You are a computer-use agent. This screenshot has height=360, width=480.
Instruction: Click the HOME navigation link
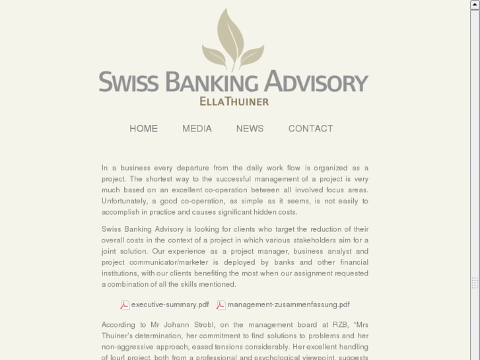pyautogui.click(x=143, y=129)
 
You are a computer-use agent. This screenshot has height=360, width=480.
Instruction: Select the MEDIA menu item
pyautogui.click(x=197, y=129)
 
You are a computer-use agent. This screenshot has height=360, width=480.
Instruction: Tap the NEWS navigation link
pyautogui.click(x=250, y=129)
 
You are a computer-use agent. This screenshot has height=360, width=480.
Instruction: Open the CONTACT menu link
pyautogui.click(x=310, y=129)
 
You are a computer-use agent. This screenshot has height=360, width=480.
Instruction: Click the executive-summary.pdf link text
pyautogui.click(x=170, y=305)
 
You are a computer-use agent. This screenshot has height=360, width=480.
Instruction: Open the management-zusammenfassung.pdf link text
pyautogui.click(x=289, y=305)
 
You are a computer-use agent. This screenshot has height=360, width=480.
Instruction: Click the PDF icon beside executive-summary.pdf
pyautogui.click(x=124, y=305)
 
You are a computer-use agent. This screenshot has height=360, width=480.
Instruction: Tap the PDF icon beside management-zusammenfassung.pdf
pyautogui.click(x=221, y=305)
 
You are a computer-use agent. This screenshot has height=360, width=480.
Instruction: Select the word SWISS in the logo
pyautogui.click(x=129, y=83)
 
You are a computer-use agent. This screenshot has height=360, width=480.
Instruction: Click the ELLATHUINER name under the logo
pyautogui.click(x=234, y=102)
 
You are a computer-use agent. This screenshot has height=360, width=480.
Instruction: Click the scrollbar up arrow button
pyautogui.click(x=475, y=5)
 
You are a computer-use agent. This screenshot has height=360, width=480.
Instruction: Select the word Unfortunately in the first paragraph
pyautogui.click(x=125, y=201)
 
